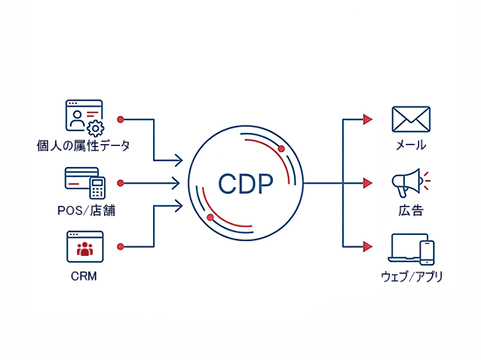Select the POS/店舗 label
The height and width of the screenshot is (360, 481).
coord(85,211)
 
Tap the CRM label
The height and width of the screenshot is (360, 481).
coord(85,276)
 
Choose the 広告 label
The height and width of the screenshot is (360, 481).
coord(411,211)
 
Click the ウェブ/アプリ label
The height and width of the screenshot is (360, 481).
coord(412,277)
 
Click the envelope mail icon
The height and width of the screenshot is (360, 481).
coord(411,118)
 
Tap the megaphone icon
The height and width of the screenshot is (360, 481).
coord(409,183)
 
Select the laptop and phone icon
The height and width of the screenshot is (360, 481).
coord(412,249)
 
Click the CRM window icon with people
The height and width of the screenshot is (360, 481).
coord(85,247)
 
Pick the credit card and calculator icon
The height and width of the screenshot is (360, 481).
coord(85,182)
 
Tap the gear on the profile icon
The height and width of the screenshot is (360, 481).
coord(94,128)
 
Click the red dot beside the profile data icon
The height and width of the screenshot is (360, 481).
coord(121,118)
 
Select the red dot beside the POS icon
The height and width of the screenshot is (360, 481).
coord(121,183)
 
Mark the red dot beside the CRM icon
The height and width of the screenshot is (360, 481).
coord(121,249)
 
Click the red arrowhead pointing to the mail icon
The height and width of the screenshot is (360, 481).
coord(369,118)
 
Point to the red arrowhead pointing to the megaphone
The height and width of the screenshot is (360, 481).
coord(369,183)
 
